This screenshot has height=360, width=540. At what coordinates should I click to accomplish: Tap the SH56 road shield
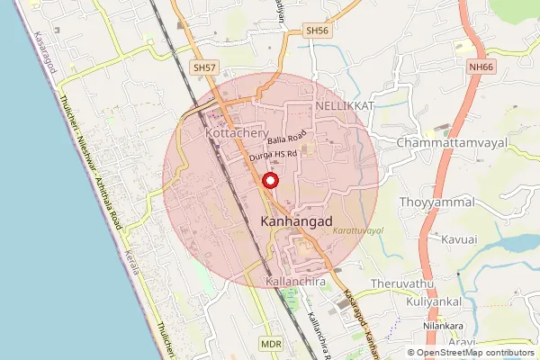tap(317, 31)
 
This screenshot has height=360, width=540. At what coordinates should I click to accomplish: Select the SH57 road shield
tap(204, 67)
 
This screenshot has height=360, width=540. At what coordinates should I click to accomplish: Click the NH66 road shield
tap(481, 66)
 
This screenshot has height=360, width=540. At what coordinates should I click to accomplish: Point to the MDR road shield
tap(270, 345)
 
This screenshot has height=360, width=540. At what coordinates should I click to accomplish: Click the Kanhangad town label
tap(296, 220)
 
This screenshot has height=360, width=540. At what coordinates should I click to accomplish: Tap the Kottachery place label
tap(238, 133)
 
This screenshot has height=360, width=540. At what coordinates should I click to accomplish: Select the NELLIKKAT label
tap(343, 106)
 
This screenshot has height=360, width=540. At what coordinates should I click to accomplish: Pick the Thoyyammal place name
tap(436, 202)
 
